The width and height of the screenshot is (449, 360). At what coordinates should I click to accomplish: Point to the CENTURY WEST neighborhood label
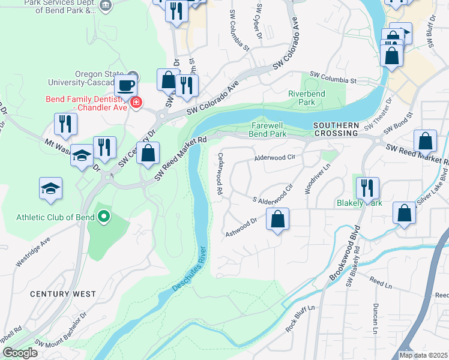pyautogui.click(x=63, y=293)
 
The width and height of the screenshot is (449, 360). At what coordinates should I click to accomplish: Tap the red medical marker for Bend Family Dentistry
pyautogui.click(x=137, y=103)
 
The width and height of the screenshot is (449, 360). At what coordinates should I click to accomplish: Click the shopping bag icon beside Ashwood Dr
pyautogui.click(x=278, y=220)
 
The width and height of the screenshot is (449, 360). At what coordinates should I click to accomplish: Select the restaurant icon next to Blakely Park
pyautogui.click(x=367, y=188)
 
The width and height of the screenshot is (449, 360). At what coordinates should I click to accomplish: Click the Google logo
pyautogui.click(x=20, y=353)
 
